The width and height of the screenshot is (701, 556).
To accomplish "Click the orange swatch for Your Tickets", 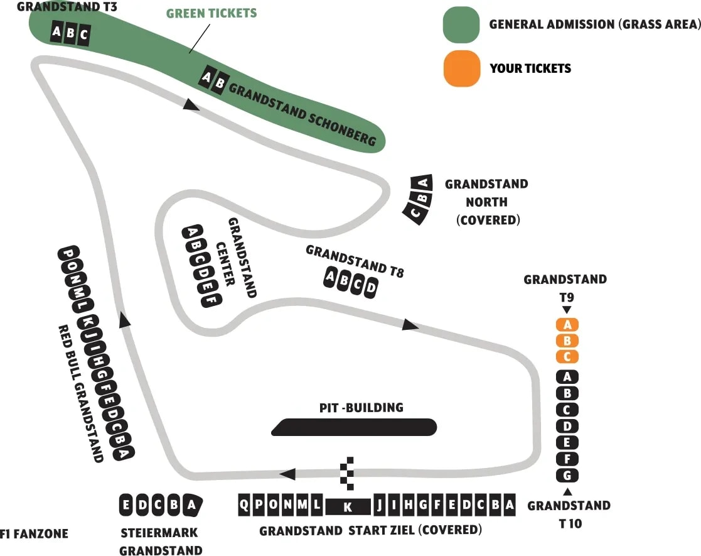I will [x=461, y=68].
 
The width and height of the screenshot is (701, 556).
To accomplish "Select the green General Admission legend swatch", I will [x=461, y=24].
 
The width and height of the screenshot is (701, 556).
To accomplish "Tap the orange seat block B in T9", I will [x=567, y=341].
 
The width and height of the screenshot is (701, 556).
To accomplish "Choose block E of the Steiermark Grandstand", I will [x=127, y=504].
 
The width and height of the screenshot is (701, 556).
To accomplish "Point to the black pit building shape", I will [x=354, y=427].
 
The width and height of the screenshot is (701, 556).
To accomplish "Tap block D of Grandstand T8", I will [x=372, y=288].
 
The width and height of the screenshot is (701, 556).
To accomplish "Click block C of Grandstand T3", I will [x=84, y=35].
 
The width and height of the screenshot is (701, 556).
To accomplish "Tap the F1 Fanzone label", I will [x=34, y=535].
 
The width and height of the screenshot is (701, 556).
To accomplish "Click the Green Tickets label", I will [x=211, y=13].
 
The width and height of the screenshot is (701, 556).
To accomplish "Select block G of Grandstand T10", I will [x=567, y=475].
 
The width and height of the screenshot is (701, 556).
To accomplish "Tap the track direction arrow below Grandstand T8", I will [x=410, y=325].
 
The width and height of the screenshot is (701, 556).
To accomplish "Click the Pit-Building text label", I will [x=361, y=408].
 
